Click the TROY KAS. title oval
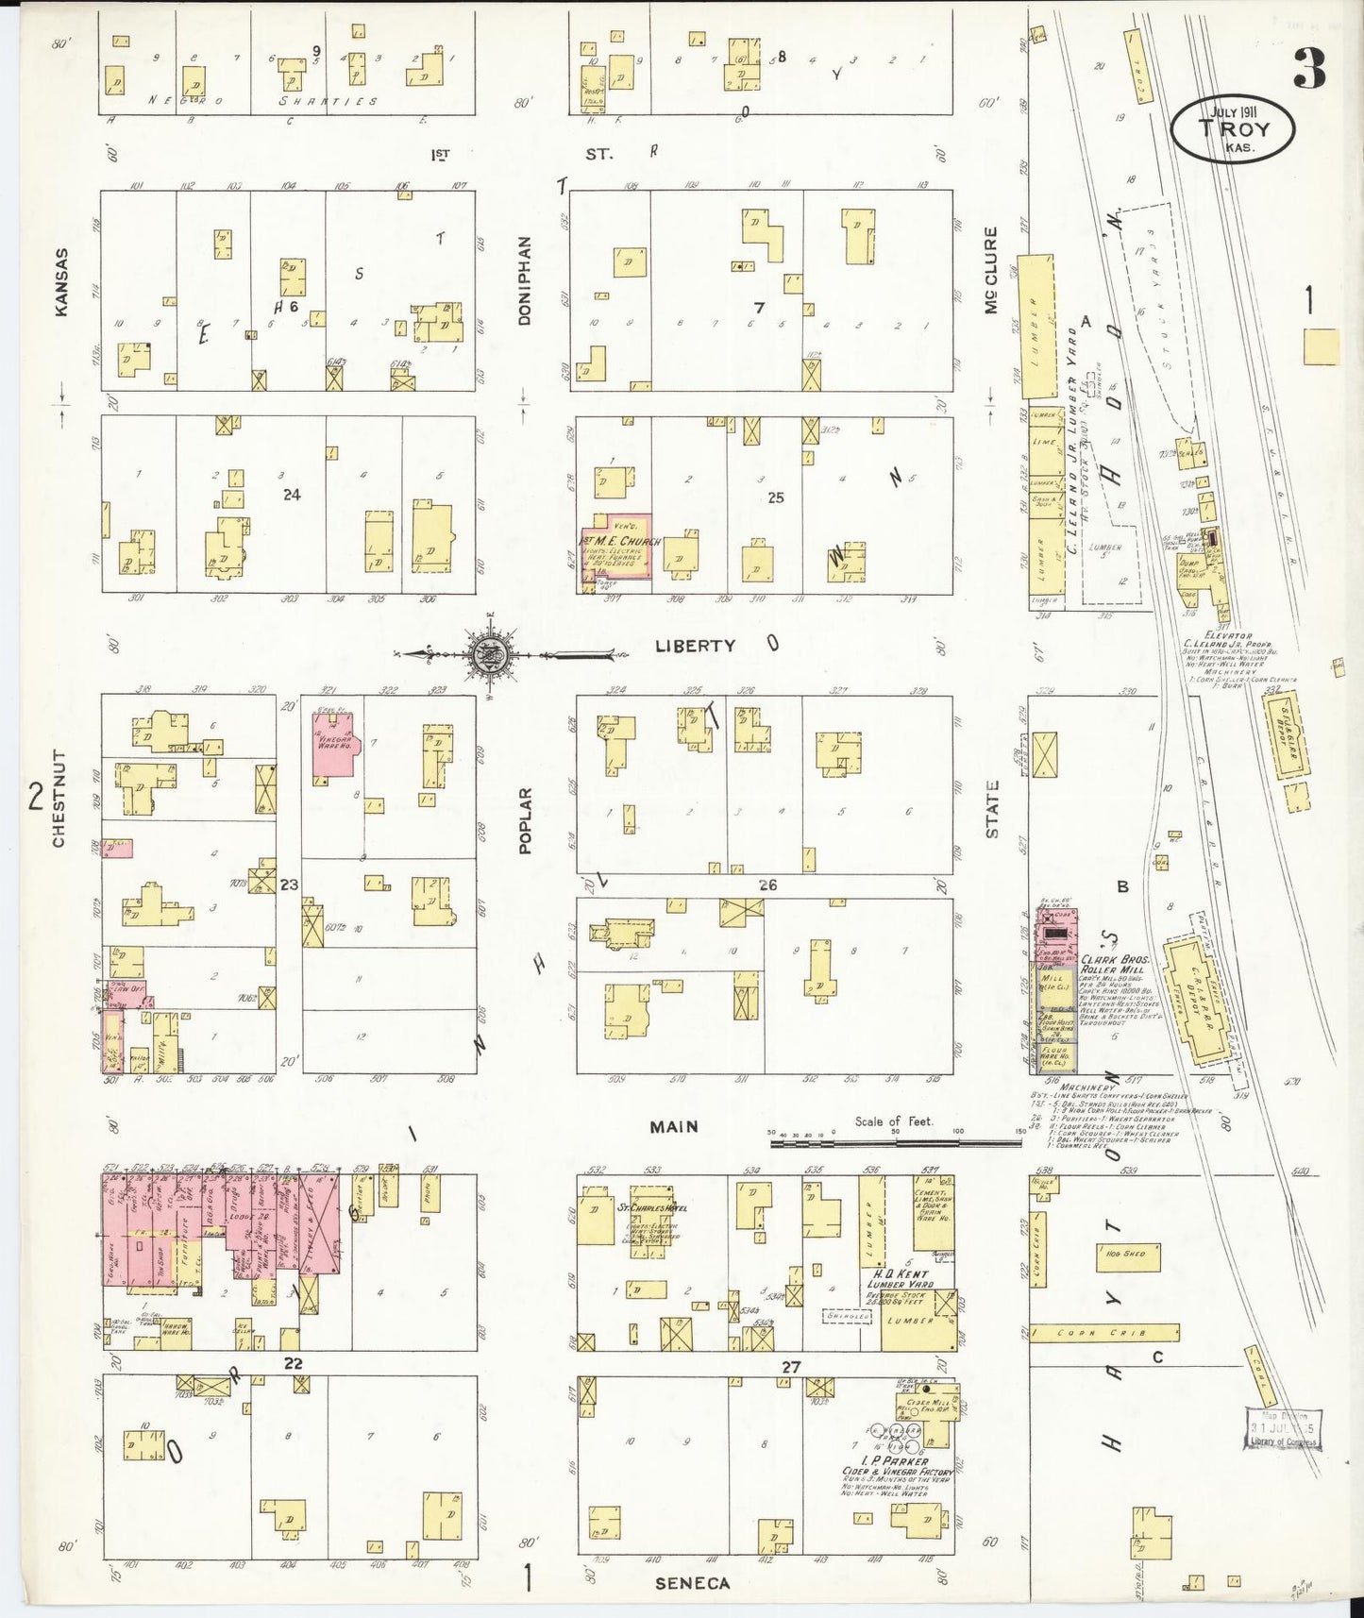point(1233,130)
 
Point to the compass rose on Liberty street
point(490,652)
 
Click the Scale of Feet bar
point(895,1142)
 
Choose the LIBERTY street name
point(695,646)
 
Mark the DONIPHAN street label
point(525,280)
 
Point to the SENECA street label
point(692,1583)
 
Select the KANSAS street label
point(62,281)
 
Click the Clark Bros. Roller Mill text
point(1112,963)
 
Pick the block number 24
point(292,494)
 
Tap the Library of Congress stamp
point(1283,1428)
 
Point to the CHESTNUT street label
point(59,798)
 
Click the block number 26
point(767,885)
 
